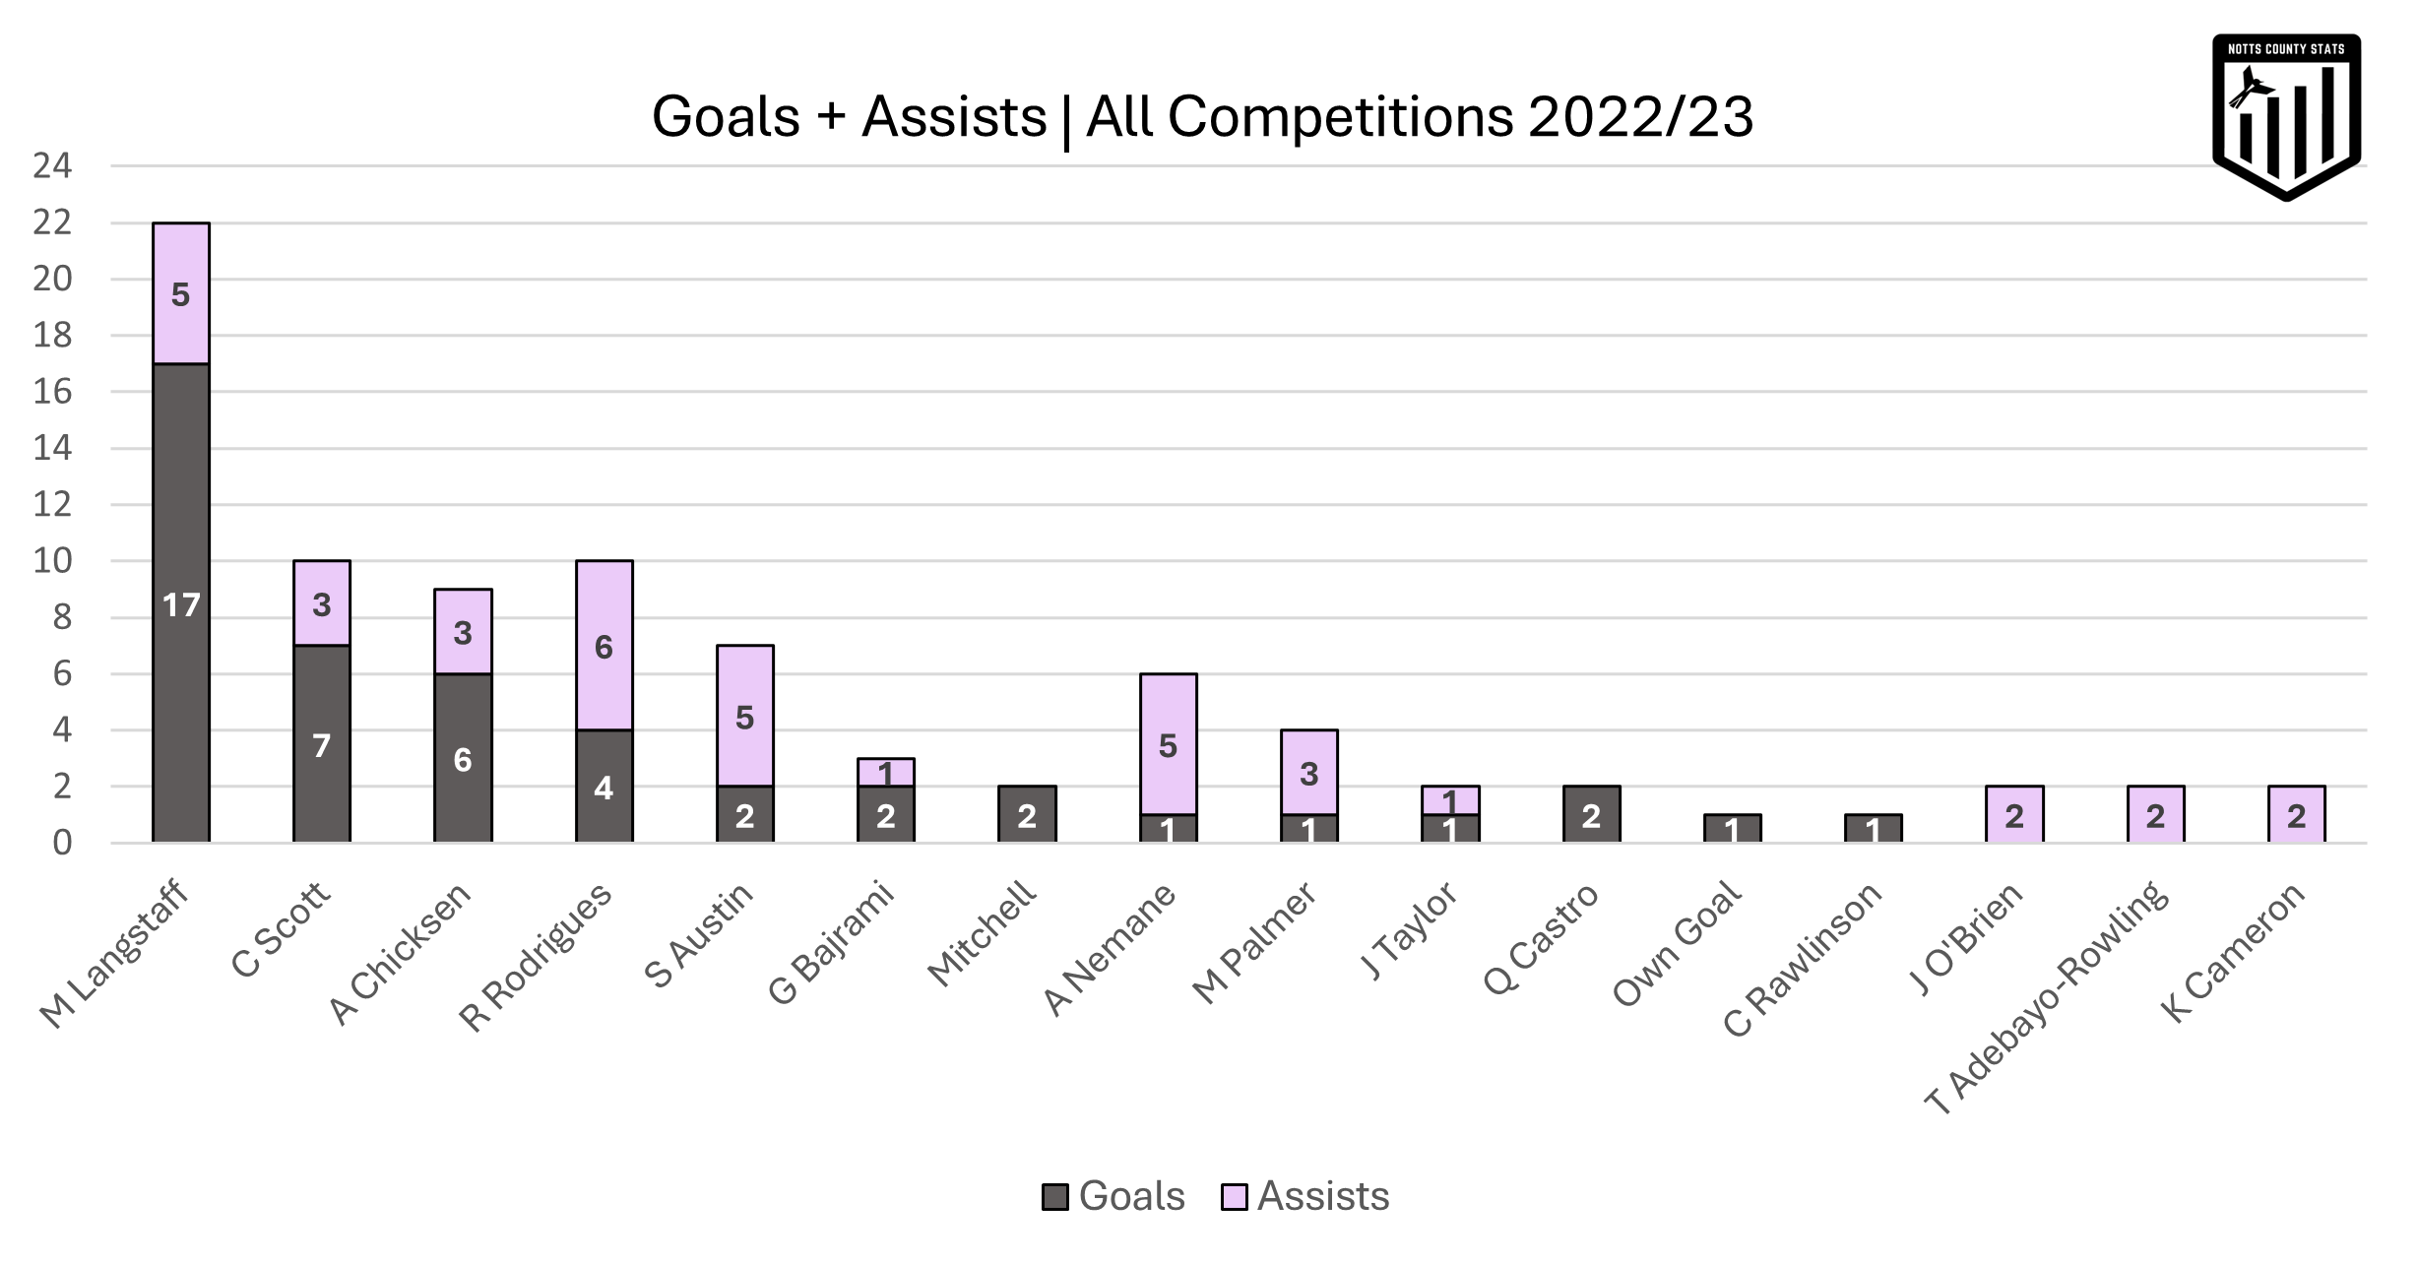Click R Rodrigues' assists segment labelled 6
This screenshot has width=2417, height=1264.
point(604,646)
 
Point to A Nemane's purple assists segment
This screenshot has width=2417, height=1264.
point(1168,744)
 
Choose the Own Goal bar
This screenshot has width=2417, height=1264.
point(1732,829)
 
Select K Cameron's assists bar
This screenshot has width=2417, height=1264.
point(2296,815)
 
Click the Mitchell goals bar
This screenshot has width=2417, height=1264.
point(1027,815)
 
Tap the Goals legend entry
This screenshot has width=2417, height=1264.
point(1114,1196)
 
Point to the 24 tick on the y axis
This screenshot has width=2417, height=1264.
point(52,166)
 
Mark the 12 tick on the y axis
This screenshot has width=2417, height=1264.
point(52,505)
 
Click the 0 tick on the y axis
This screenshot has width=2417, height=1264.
point(62,844)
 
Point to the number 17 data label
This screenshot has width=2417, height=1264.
point(181,605)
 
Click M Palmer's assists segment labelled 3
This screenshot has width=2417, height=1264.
point(1308,774)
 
